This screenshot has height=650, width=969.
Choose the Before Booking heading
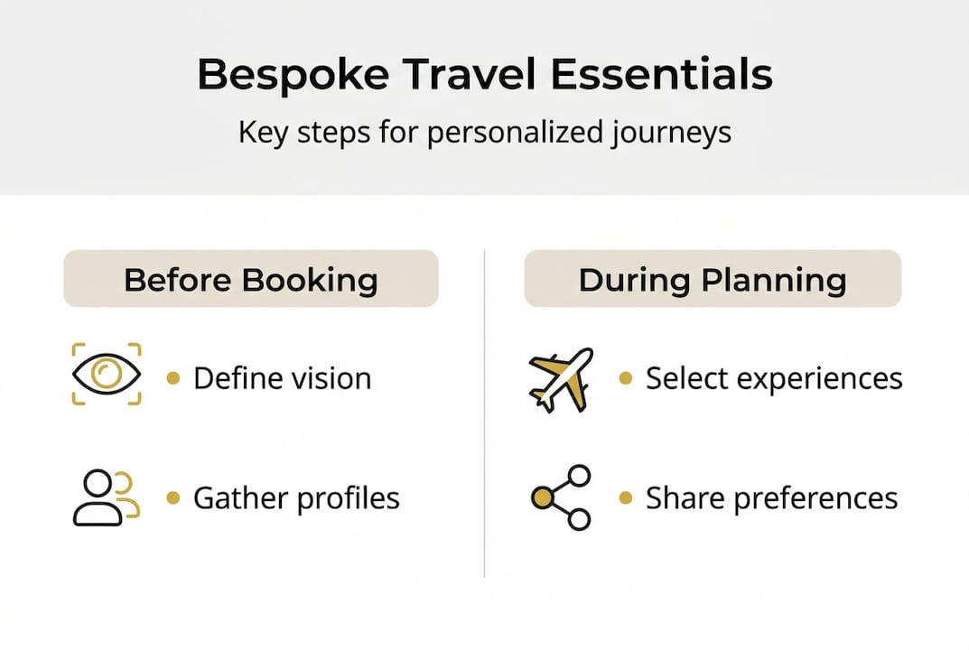250,279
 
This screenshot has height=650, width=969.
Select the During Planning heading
713,279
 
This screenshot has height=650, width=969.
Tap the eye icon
107,374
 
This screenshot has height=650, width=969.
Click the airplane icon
560,378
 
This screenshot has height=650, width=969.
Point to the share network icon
562,497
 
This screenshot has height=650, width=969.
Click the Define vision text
282,378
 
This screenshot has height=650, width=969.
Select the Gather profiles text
296,498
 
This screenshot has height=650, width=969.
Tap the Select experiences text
774,379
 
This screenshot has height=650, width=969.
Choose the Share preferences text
771,498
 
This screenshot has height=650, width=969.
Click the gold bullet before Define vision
173,378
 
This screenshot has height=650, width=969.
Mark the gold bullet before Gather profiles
173,497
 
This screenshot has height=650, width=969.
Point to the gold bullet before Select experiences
625,378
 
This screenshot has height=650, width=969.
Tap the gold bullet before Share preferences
625,497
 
